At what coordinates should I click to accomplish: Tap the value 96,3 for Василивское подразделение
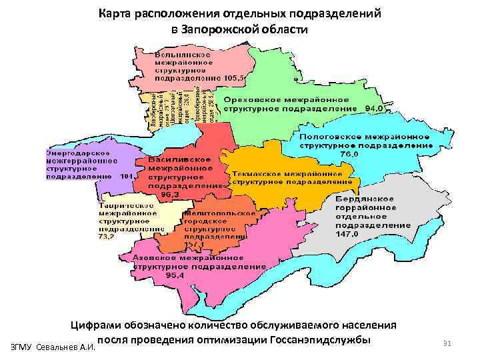pos(161,195)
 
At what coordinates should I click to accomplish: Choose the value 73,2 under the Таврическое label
pos(106,236)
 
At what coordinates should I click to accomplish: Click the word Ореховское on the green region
pos(254,99)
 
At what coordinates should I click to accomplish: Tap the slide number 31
pos(447,343)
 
